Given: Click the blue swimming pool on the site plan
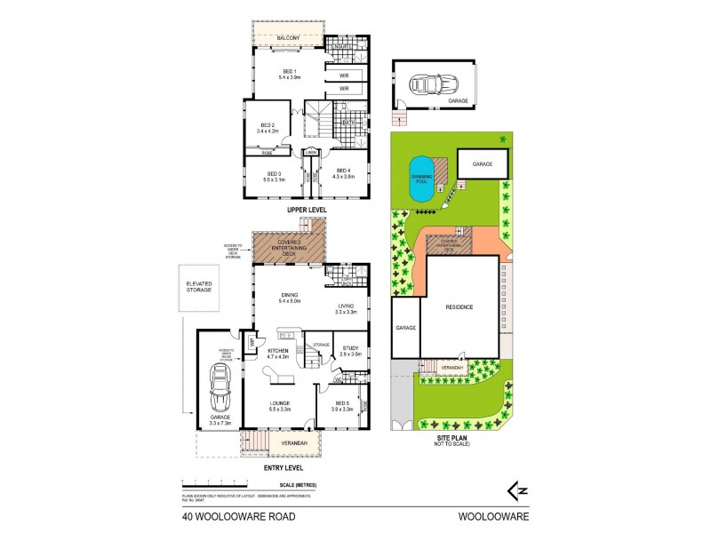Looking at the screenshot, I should pyautogui.click(x=420, y=178).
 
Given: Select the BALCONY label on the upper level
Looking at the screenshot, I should pyautogui.click(x=287, y=38).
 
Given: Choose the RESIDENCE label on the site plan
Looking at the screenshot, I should pyautogui.click(x=459, y=307).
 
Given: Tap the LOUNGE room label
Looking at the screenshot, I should pyautogui.click(x=281, y=405).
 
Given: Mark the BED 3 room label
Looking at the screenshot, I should pyautogui.click(x=274, y=174).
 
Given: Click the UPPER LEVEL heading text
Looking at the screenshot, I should pyautogui.click(x=306, y=210).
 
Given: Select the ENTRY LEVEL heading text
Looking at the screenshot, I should pyautogui.click(x=280, y=465).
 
